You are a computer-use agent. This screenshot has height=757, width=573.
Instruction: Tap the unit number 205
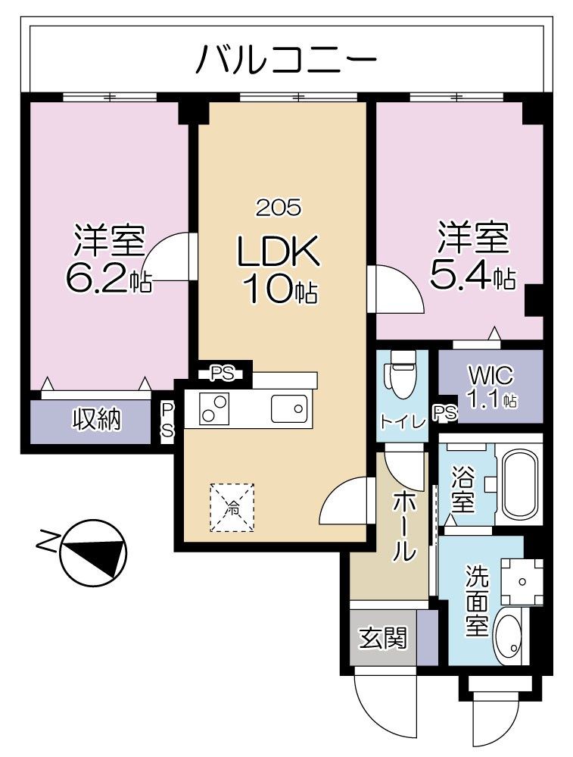tap(278, 206)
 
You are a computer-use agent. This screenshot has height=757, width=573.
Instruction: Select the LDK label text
tap(279, 252)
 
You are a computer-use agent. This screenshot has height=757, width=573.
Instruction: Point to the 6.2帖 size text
tap(108, 279)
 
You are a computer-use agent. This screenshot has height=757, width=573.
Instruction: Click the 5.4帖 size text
tap(472, 276)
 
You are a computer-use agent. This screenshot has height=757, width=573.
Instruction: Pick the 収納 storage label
tap(96, 419)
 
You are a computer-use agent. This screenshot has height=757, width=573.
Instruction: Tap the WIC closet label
tap(490, 375)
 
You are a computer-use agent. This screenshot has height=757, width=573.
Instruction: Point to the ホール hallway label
tap(403, 527)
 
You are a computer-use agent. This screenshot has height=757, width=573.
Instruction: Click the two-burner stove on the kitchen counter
tap(214, 410)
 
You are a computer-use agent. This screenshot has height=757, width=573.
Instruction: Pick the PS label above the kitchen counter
tap(222, 373)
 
